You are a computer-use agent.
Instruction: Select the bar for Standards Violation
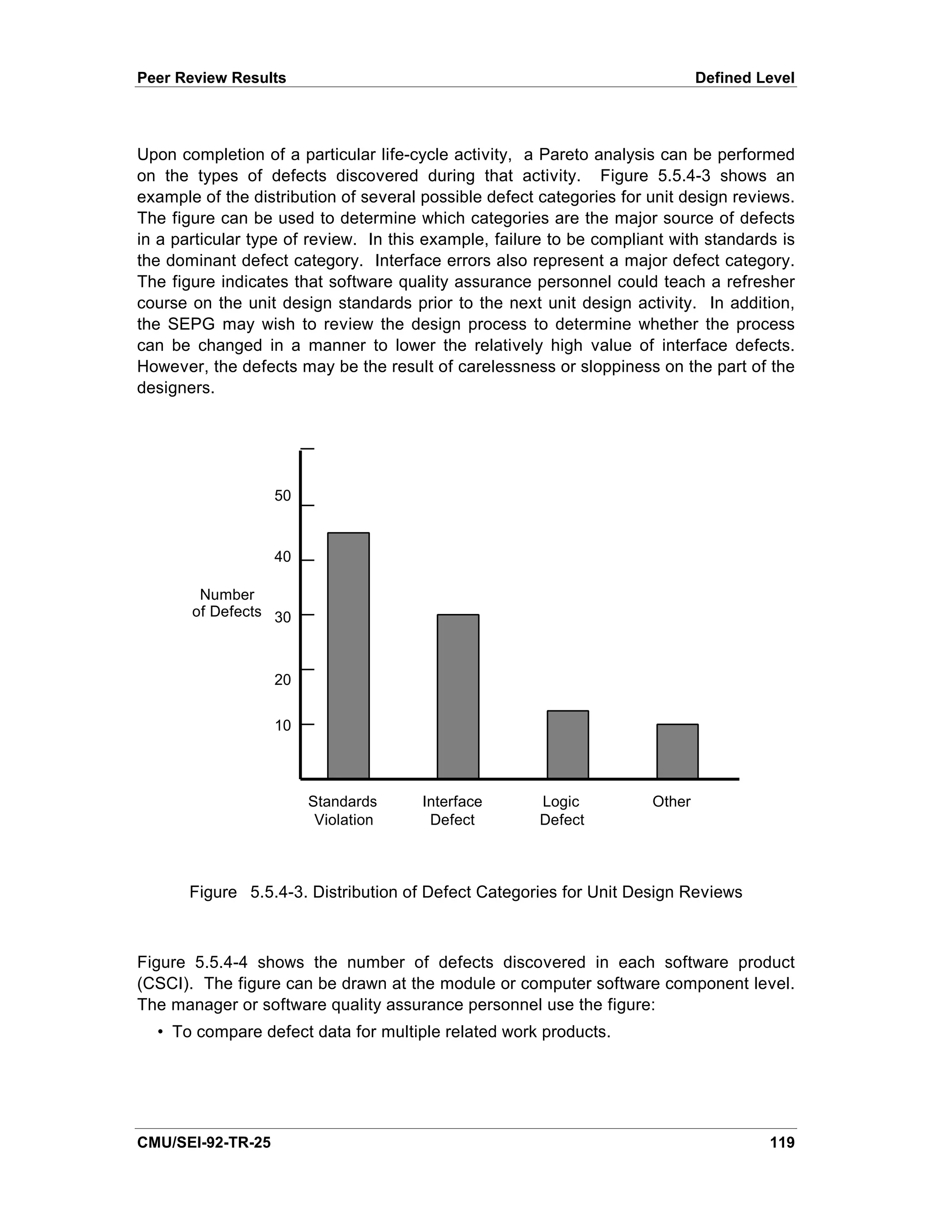349,655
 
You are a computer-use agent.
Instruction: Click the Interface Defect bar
458,696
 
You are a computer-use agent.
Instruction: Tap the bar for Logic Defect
567,745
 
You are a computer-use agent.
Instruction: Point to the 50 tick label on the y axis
283,496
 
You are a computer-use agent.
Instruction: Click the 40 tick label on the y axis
283,557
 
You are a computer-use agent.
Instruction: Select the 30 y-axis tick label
283,618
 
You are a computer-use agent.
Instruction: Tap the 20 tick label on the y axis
283,680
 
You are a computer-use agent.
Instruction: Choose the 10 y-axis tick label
283,725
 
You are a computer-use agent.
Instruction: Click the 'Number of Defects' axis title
227,603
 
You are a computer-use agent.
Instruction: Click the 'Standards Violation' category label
343,810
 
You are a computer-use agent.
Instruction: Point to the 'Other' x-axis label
671,801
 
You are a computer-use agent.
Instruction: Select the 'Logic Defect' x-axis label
562,810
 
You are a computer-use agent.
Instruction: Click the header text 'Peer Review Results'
212,78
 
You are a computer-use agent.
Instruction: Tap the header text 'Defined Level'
744,78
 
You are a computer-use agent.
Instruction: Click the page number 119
782,1142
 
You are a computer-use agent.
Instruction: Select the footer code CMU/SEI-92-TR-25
204,1142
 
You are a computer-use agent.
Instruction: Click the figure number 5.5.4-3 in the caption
279,892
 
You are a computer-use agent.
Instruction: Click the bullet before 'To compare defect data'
161,1032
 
